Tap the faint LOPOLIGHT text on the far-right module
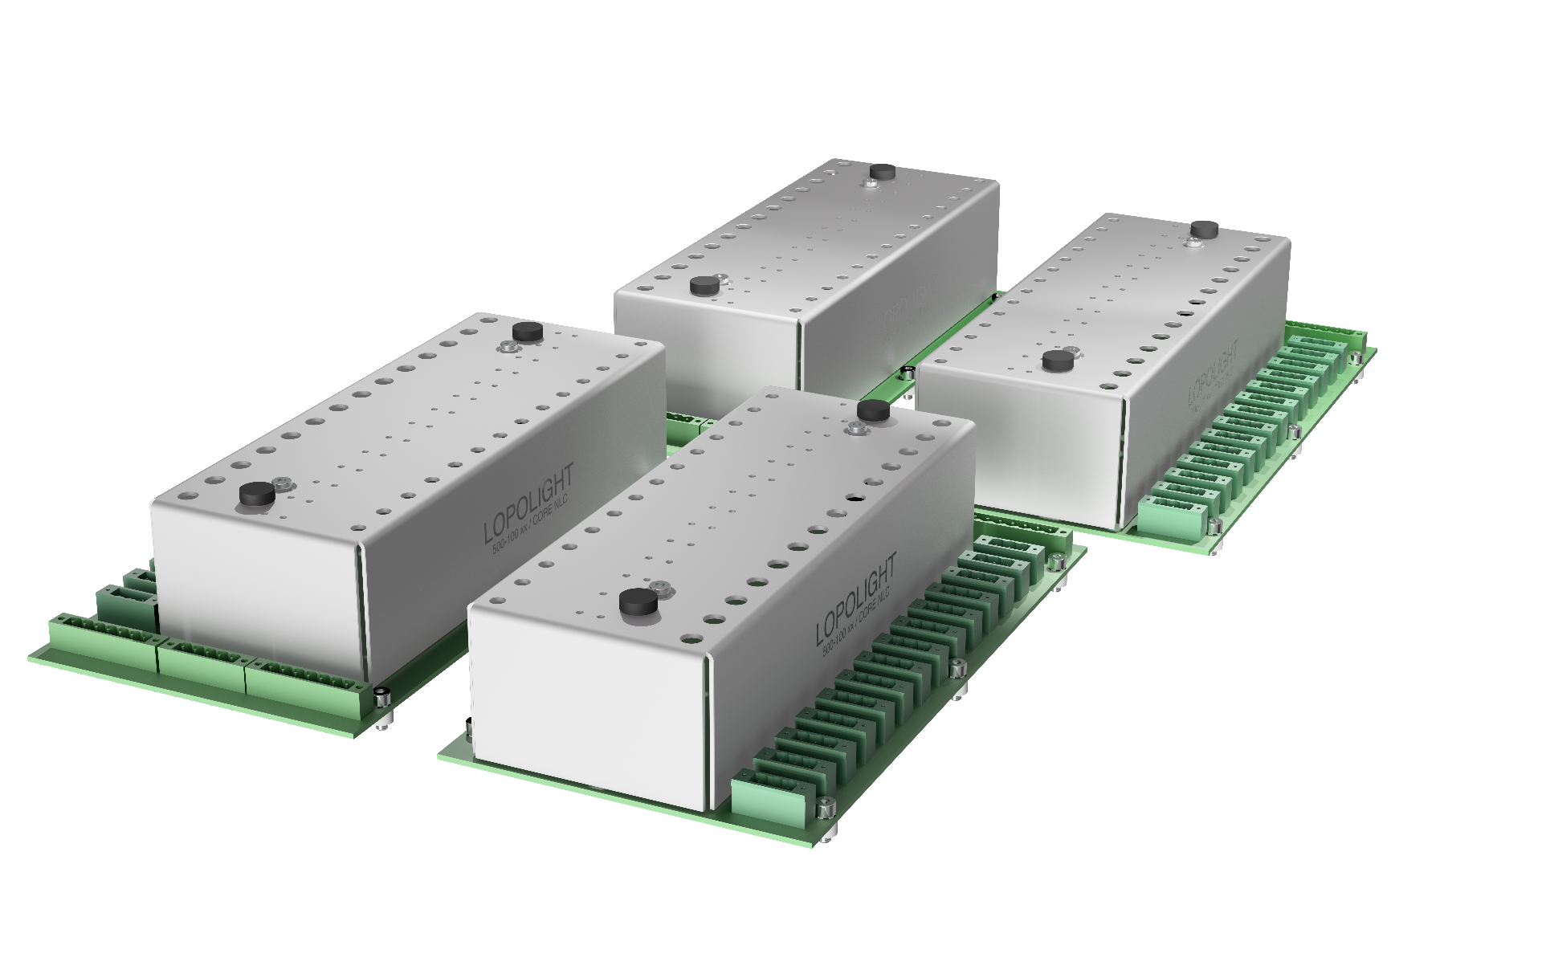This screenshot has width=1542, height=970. click(1212, 373)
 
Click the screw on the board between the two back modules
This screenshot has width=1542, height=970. click(908, 373)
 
